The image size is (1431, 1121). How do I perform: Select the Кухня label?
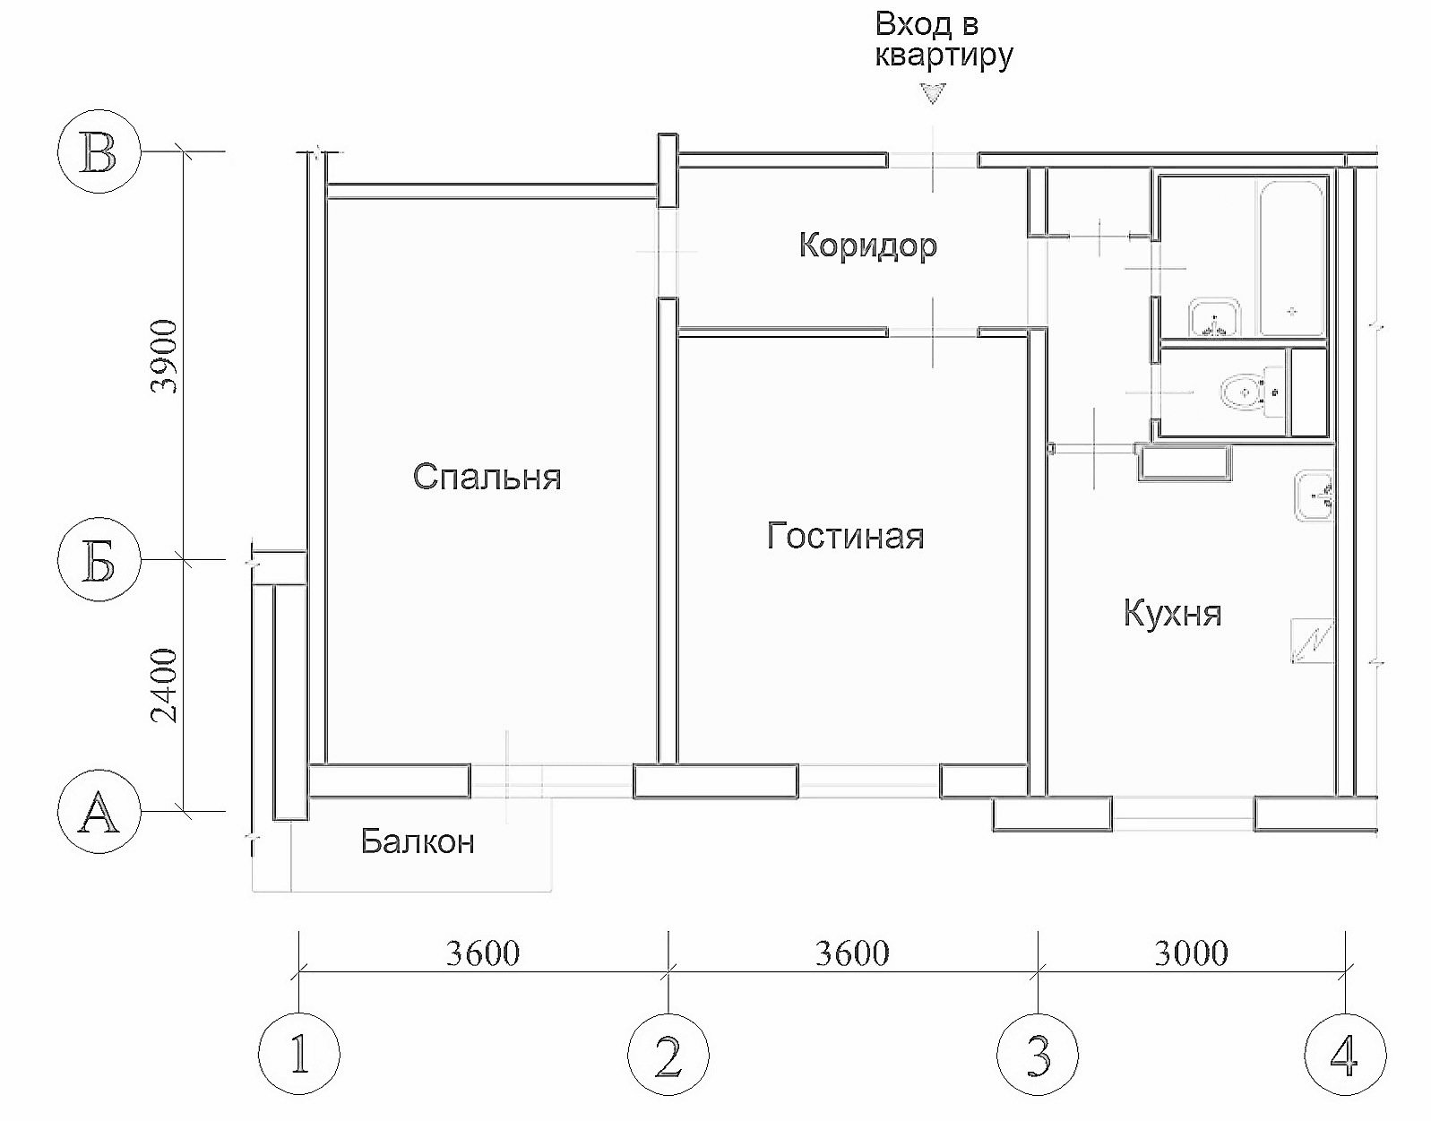1172,613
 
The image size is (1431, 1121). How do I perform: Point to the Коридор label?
868,246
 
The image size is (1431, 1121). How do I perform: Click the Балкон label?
418,841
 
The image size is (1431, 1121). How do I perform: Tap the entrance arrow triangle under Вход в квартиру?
933,93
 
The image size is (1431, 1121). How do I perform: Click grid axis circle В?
99,151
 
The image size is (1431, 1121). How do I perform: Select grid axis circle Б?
99,560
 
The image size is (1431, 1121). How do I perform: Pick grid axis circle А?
99,811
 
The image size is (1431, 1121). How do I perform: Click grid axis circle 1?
299,1054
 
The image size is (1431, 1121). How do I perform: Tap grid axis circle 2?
668,1054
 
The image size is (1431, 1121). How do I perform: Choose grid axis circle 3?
1038,1054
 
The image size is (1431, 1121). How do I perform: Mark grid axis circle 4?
1345,1054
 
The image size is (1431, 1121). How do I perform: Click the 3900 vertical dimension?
164,356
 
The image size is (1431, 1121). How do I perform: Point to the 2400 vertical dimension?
164,686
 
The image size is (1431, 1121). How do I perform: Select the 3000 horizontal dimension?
1191,953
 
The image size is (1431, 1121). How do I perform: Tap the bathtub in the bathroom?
1290,258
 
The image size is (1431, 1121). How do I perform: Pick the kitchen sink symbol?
1314,496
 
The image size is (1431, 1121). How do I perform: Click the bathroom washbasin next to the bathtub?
1214,317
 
